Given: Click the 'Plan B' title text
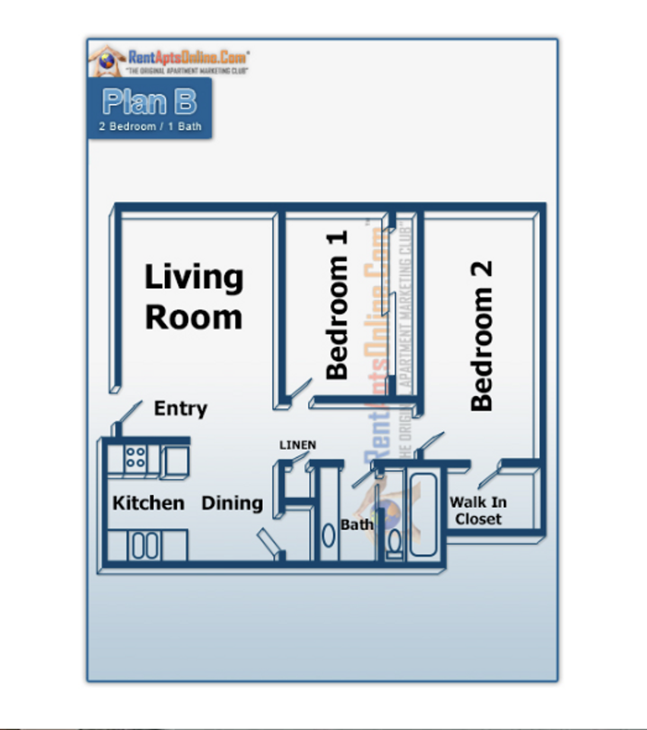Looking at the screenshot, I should click(x=149, y=102).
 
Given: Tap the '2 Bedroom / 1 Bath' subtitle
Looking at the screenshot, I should click(x=150, y=126).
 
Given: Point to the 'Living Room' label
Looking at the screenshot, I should click(x=194, y=297).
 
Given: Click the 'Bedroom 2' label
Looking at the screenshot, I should click(x=482, y=336).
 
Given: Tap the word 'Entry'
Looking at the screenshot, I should click(x=180, y=409).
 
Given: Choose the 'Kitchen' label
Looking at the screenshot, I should click(x=148, y=503).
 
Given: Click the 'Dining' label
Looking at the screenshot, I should click(x=232, y=503).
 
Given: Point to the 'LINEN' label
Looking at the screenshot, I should click(x=297, y=446).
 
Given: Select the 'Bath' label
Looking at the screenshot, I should click(x=357, y=525).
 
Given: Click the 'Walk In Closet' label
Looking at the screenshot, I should click(x=478, y=511).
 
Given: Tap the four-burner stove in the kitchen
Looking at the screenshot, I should click(x=135, y=458).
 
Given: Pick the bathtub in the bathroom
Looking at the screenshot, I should click(x=424, y=514).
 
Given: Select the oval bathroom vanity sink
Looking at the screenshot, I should click(x=328, y=535).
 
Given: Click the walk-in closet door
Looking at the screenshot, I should click(x=487, y=476).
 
